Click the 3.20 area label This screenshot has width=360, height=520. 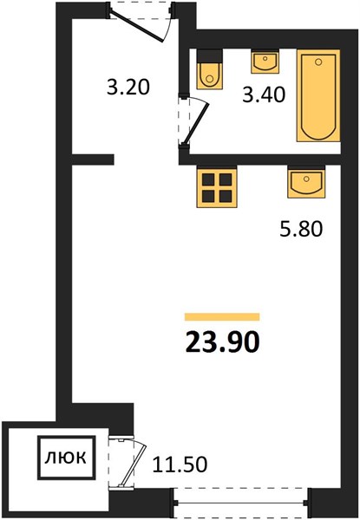(x=128, y=88)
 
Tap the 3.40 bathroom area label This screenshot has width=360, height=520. (x=264, y=94)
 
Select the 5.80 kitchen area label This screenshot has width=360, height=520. (x=301, y=229)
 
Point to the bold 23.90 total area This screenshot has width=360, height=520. (x=222, y=342)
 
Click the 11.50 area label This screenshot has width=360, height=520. (x=180, y=464)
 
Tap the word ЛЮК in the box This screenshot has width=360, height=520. (x=66, y=458)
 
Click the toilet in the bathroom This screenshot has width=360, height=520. (x=209, y=69)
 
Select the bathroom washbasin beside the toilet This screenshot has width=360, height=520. (x=265, y=61)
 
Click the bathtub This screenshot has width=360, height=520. (x=318, y=95)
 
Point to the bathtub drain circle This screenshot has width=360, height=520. (x=318, y=62)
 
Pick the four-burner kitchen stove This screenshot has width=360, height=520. (x=217, y=188)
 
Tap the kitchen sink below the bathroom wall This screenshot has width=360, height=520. (x=306, y=182)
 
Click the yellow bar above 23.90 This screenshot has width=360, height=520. (x=222, y=317)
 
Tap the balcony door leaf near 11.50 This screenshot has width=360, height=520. (x=133, y=465)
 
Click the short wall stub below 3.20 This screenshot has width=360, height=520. (x=93, y=159)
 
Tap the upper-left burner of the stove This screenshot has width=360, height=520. (x=208, y=179)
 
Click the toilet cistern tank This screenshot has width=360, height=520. (x=209, y=55)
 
